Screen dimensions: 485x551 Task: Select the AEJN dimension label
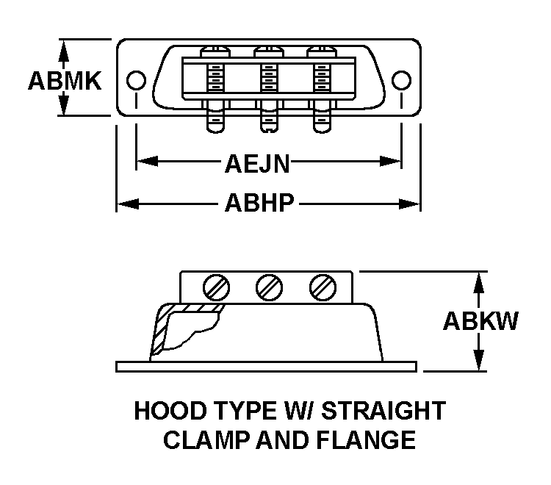(x=256, y=163)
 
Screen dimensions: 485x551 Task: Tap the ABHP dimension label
(x=259, y=204)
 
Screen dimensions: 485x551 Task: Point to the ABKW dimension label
(x=481, y=321)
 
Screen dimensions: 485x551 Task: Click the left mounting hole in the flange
(x=135, y=79)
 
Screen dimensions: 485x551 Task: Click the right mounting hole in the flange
(x=400, y=79)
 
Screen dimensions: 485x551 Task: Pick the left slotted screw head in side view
(x=217, y=287)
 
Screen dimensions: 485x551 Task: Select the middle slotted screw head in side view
(x=268, y=287)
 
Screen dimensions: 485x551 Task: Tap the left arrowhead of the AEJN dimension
(x=144, y=161)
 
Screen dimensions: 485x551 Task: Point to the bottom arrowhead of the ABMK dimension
(x=64, y=108)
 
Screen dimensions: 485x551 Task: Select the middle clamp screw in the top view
(x=268, y=88)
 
